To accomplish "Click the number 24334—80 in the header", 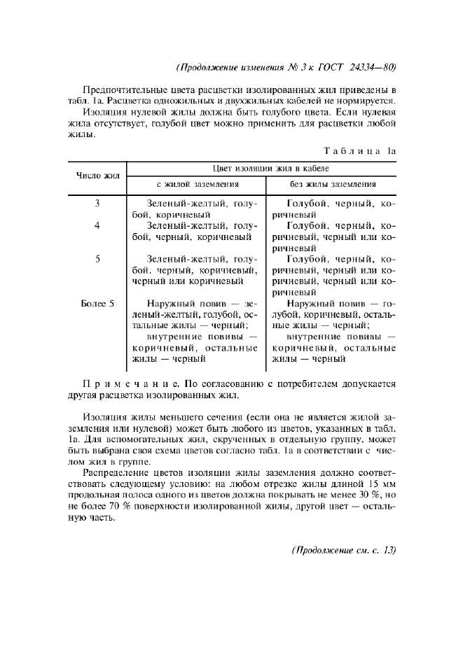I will tap(373, 68).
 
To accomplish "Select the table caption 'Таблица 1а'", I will tap(361, 150).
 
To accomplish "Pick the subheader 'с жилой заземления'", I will tap(198, 184).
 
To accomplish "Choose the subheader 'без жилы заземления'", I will tap(333, 184).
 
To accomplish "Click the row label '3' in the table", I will tap(97, 203).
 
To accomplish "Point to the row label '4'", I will tap(97, 225).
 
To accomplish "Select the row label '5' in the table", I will tap(97, 259).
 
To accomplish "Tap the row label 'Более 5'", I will tap(97, 304).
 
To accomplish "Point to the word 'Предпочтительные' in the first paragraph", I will tap(123, 90).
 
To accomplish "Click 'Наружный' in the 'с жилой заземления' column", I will tap(170, 304).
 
